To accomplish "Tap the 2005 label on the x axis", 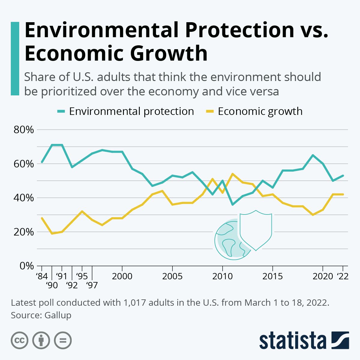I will point(172,276).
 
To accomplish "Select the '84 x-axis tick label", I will point(41,276).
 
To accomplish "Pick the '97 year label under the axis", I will point(92,285).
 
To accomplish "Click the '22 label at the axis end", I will point(343,276).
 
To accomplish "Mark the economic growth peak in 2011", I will point(232,174).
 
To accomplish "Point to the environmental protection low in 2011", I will point(232,205).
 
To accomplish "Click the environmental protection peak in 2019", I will point(313,155).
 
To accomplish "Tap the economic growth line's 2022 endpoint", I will point(343,194).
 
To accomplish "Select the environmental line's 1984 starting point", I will point(42,162).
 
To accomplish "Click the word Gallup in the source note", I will point(58,315).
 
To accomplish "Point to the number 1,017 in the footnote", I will point(134,302).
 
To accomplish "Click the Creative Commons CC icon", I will point(19,340).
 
